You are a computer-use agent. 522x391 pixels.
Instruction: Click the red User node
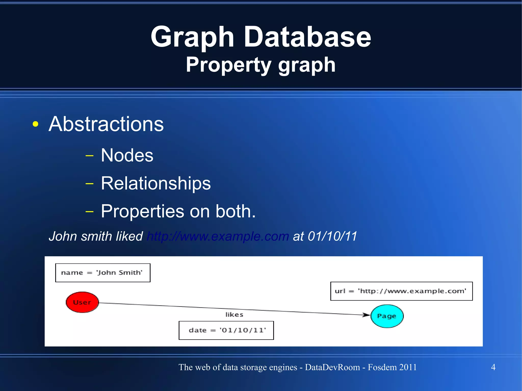(x=82, y=302)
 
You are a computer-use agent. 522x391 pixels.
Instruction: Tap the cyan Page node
(x=387, y=316)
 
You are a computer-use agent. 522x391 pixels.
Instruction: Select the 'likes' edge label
(x=234, y=315)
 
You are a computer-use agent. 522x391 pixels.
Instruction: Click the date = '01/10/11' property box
(x=226, y=330)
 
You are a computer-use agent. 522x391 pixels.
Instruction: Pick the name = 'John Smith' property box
(x=103, y=273)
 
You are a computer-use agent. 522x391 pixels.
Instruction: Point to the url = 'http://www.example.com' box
(x=401, y=291)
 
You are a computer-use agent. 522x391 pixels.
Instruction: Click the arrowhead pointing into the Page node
(x=366, y=315)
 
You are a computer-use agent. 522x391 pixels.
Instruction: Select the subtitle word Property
(x=228, y=65)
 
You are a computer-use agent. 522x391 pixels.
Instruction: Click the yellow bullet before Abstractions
(x=36, y=124)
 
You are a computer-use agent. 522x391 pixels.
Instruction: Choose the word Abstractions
(x=106, y=124)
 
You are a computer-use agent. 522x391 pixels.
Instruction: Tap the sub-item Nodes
(x=127, y=155)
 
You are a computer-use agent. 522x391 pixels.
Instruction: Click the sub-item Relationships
(x=156, y=183)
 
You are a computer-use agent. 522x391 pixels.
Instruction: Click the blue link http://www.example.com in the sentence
(x=218, y=236)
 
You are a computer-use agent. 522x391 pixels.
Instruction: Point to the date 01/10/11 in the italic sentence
(x=332, y=236)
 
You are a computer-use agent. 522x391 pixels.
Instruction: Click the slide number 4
(x=493, y=367)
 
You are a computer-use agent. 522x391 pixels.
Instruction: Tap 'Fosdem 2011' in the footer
(x=392, y=367)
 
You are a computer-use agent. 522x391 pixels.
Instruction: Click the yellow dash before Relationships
(x=89, y=183)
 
